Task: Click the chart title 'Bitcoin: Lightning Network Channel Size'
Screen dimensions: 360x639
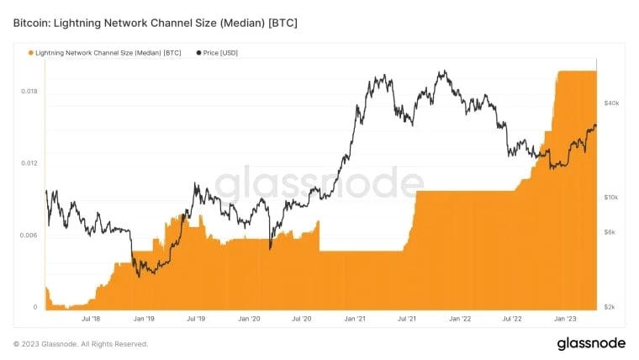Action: pyautogui.click(x=155, y=21)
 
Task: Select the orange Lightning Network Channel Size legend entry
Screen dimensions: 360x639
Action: pyautogui.click(x=105, y=52)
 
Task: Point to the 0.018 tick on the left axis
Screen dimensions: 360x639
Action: pyautogui.click(x=29, y=91)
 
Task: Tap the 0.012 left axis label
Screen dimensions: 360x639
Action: pyautogui.click(x=29, y=163)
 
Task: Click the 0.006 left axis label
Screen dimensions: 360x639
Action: pyautogui.click(x=29, y=236)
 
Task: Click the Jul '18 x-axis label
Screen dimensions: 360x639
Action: pyautogui.click(x=92, y=320)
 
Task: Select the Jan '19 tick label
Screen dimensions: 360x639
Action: pyautogui.click(x=144, y=320)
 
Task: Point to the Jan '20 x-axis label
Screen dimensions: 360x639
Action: pyautogui.click(x=249, y=320)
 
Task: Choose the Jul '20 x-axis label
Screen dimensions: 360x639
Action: pyautogui.click(x=302, y=320)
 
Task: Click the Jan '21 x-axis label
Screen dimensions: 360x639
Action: pyautogui.click(x=354, y=320)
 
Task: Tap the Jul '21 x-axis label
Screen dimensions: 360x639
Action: pyautogui.click(x=407, y=320)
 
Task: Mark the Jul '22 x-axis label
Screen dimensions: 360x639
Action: pyautogui.click(x=512, y=320)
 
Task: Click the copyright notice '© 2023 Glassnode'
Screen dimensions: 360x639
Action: pyautogui.click(x=81, y=343)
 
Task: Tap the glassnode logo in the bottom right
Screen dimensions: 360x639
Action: pyautogui.click(x=590, y=343)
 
